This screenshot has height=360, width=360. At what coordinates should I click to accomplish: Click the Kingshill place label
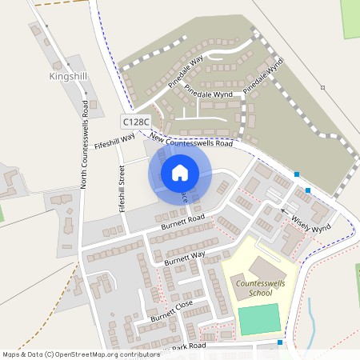[68, 77]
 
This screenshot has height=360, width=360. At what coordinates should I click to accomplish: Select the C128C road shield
[135, 121]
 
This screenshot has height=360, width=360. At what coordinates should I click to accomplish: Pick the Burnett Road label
[183, 222]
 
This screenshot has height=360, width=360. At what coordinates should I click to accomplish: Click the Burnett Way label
[185, 258]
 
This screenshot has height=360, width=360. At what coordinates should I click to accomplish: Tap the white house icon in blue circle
[180, 172]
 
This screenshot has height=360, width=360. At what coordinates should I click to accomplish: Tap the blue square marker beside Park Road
[280, 342]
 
